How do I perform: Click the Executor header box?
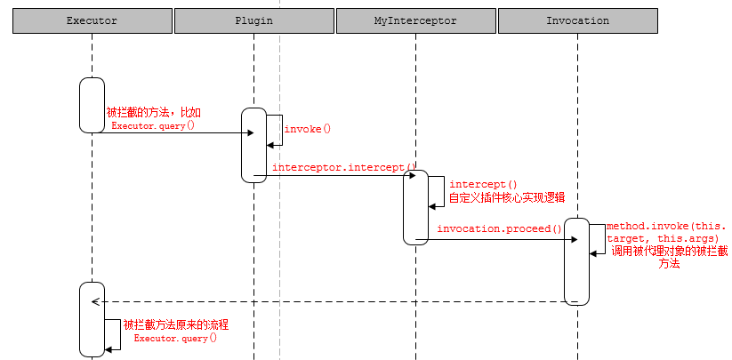point(93,20)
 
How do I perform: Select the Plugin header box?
point(254,20)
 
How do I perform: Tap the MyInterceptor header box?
point(416,20)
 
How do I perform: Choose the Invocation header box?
point(578,20)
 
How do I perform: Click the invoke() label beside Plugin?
point(307,129)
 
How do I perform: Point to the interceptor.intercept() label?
point(343,167)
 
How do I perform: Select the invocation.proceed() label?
point(500,229)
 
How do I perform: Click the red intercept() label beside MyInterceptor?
point(483,185)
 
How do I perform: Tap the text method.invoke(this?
point(666,226)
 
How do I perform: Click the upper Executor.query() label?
point(153,125)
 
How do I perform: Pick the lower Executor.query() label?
point(175,338)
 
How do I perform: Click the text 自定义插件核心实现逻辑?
point(507,197)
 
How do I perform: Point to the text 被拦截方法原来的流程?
point(176,324)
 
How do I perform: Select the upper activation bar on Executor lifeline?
point(92,106)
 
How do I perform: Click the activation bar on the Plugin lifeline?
point(254,146)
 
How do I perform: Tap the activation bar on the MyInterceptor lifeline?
point(416,207)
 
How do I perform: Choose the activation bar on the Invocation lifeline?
point(576,261)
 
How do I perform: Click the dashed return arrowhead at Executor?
point(94,301)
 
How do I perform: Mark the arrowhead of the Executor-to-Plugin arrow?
point(250,133)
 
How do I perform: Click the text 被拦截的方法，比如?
point(154,113)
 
